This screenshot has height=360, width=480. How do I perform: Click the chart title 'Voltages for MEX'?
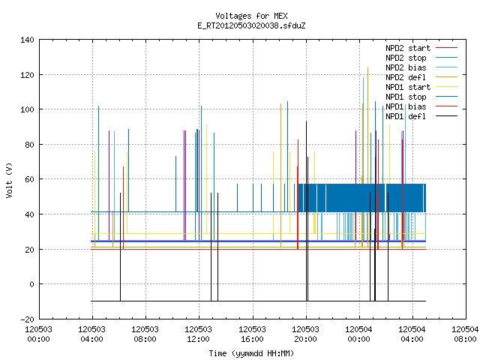tap(251, 16)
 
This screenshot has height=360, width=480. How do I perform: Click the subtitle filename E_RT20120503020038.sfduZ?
tap(251, 25)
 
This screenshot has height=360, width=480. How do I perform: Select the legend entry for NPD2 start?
tap(421, 48)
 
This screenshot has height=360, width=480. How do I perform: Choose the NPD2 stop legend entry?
tap(421, 58)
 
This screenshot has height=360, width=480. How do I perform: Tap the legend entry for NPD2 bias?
tap(421, 67)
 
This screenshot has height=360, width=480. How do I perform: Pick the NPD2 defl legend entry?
tap(421, 77)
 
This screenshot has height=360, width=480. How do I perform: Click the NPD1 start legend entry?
tap(421, 87)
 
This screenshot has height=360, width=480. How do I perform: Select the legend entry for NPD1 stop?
tap(421, 97)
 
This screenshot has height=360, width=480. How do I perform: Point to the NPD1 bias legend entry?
tap(421, 106)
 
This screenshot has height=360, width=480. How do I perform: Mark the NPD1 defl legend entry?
tap(421, 117)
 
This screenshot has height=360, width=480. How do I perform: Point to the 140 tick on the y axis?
tap(27, 40)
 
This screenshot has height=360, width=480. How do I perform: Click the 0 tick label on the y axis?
tap(31, 284)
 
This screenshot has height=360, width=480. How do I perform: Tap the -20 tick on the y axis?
tap(27, 319)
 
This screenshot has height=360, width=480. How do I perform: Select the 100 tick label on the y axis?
tap(27, 109)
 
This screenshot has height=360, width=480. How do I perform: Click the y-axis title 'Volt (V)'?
tap(9, 180)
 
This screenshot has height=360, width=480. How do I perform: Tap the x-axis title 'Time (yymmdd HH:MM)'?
tap(251, 353)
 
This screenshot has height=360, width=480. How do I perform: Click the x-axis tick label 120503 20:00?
tap(305, 334)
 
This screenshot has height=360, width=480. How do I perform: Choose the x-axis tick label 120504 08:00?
tap(465, 334)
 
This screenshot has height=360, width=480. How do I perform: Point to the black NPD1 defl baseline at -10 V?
tap(258, 301)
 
